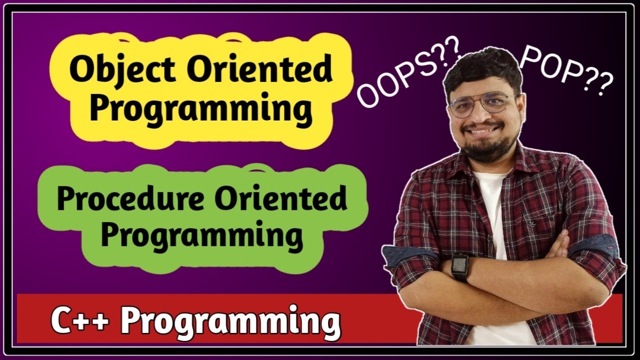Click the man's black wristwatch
(x=459, y=267)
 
